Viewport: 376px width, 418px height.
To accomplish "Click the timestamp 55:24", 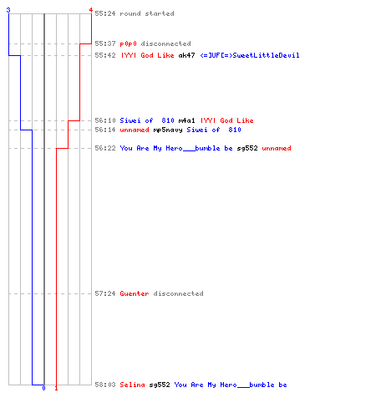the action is tap(105, 13).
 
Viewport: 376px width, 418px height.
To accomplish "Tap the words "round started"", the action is tap(147, 13).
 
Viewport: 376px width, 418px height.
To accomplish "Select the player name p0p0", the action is tap(128, 43).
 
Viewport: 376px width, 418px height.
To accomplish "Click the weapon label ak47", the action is tap(186, 55).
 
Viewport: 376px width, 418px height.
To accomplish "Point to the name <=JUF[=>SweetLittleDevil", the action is tap(250, 55).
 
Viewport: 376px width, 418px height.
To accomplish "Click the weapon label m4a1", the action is tap(186, 120).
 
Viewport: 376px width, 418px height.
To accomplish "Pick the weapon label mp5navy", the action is tap(168, 130).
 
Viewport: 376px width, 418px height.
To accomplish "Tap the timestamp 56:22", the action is tap(105, 148).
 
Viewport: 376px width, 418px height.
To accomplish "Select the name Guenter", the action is tap(135, 293).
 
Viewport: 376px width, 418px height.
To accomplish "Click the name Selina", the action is tap(132, 385).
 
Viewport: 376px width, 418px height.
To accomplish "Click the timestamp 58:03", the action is tap(105, 385).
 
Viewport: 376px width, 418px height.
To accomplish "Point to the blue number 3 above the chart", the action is tap(8, 10).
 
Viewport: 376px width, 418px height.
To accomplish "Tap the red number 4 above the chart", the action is tap(91, 10).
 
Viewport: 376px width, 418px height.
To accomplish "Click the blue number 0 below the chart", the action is tap(43, 388).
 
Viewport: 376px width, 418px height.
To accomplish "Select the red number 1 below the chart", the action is tap(56, 388).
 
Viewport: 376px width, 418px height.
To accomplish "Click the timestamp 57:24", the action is tap(105, 293).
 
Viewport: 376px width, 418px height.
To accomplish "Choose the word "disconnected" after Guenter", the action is tap(178, 293).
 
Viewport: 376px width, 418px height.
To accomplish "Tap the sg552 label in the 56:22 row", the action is tap(247, 148).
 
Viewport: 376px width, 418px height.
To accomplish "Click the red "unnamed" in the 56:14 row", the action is tap(135, 130).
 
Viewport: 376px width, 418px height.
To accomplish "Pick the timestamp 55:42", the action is tap(105, 55).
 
